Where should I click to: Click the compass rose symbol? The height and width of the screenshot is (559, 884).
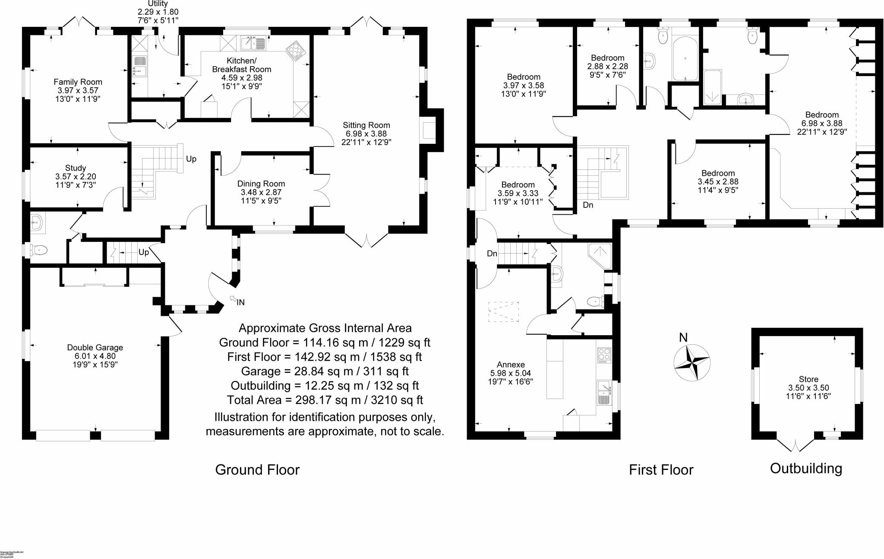click(x=692, y=362)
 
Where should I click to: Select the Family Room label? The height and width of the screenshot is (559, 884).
click(x=78, y=82)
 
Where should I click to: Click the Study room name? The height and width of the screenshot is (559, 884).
click(x=76, y=168)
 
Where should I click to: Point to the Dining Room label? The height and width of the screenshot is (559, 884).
click(x=261, y=184)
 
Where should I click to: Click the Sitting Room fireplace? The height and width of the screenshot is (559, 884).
click(x=429, y=130)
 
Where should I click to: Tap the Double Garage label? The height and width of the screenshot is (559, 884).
click(x=95, y=348)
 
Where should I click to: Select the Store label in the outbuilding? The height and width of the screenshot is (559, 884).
click(x=808, y=379)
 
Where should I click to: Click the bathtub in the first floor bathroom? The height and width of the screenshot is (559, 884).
click(x=685, y=58)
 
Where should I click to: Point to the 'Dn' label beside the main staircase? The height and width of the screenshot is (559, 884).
click(x=588, y=205)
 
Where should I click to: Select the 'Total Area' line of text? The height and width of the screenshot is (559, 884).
click(x=325, y=400)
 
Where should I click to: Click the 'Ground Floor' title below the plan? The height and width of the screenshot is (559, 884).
click(x=257, y=470)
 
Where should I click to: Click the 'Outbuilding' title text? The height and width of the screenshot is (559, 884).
click(x=806, y=468)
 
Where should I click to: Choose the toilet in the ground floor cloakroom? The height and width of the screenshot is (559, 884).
click(x=40, y=249)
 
